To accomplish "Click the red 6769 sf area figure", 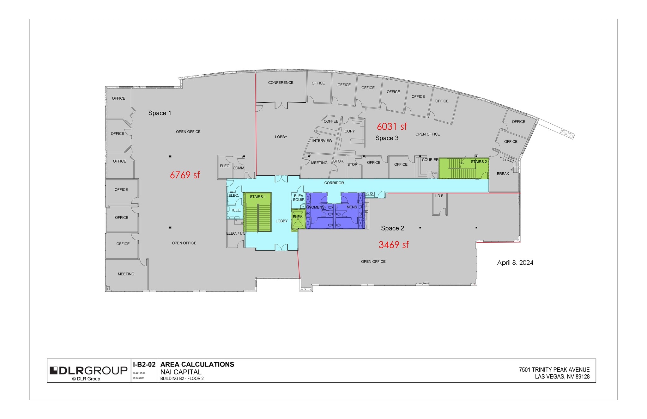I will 185,175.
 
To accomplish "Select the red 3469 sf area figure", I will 393,245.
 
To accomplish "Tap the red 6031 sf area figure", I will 392,126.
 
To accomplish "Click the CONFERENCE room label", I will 281,83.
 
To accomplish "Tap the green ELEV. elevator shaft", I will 298,219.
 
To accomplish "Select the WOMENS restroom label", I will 316,207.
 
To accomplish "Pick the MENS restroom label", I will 352,207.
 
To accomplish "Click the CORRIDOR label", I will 334,183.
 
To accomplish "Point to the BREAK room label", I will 503,174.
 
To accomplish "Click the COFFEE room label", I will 331,121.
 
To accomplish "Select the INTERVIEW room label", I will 322,140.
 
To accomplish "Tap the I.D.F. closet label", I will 439,196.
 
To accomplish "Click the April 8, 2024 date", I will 515,262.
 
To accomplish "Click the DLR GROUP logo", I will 88,371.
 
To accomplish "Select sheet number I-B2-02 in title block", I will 144,364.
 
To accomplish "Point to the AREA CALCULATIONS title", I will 197,364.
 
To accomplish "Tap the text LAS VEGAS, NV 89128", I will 562,376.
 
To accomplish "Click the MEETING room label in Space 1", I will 126,274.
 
